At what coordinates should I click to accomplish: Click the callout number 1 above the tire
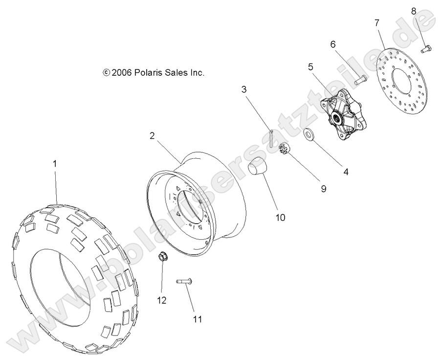[x=55, y=164]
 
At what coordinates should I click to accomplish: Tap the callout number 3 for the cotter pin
[x=243, y=89]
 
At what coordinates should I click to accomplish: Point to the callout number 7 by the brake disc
[x=376, y=22]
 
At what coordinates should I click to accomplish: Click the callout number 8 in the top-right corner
[x=414, y=11]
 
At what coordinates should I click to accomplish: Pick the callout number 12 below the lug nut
[x=162, y=299]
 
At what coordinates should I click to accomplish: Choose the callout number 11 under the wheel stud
[x=197, y=319]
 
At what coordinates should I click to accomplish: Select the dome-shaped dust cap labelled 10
[x=257, y=168]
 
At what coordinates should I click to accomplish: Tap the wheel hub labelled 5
[x=338, y=116]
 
